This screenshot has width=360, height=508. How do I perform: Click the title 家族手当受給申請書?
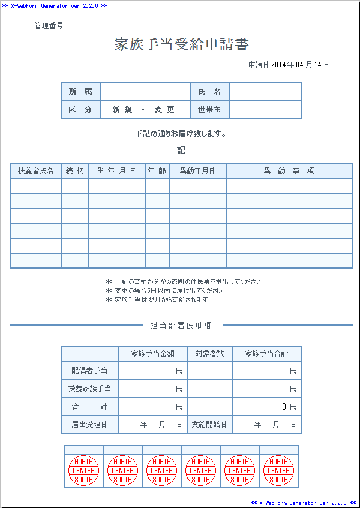pyautogui.click(x=181, y=44)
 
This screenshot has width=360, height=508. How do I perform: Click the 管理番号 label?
pyautogui.click(x=49, y=26)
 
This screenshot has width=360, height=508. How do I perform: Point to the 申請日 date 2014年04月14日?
pyautogui.click(x=289, y=65)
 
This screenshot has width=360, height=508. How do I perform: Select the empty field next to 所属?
pyautogui.click(x=145, y=91)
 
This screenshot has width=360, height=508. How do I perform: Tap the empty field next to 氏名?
pyautogui.click(x=265, y=91)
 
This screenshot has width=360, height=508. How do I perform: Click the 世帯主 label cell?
pyautogui.click(x=209, y=110)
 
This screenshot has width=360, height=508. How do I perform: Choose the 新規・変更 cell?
pyautogui.click(x=145, y=110)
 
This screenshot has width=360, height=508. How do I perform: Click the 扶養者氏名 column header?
pyautogui.click(x=36, y=171)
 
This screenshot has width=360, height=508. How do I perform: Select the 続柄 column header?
pyautogui.click(x=75, y=171)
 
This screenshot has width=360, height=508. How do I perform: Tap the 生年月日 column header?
pyautogui.click(x=116, y=171)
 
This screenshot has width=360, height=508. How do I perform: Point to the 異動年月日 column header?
pyautogui.click(x=197, y=171)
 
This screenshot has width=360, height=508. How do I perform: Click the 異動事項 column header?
pyautogui.click(x=289, y=171)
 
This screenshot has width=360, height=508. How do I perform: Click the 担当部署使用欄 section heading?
pyautogui.click(x=181, y=326)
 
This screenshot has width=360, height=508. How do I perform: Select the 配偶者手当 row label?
pyautogui.click(x=90, y=371)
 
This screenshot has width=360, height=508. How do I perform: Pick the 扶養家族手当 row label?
pyautogui.click(x=90, y=389)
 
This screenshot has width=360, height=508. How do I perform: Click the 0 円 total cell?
pyautogui.click(x=267, y=406)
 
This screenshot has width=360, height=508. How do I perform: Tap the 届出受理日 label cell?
pyautogui.click(x=90, y=425)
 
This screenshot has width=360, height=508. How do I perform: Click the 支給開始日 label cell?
pyautogui.click(x=209, y=425)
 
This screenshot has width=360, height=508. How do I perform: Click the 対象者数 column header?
pyautogui.click(x=209, y=354)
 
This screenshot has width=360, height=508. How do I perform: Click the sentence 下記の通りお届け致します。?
pyautogui.click(x=181, y=134)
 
